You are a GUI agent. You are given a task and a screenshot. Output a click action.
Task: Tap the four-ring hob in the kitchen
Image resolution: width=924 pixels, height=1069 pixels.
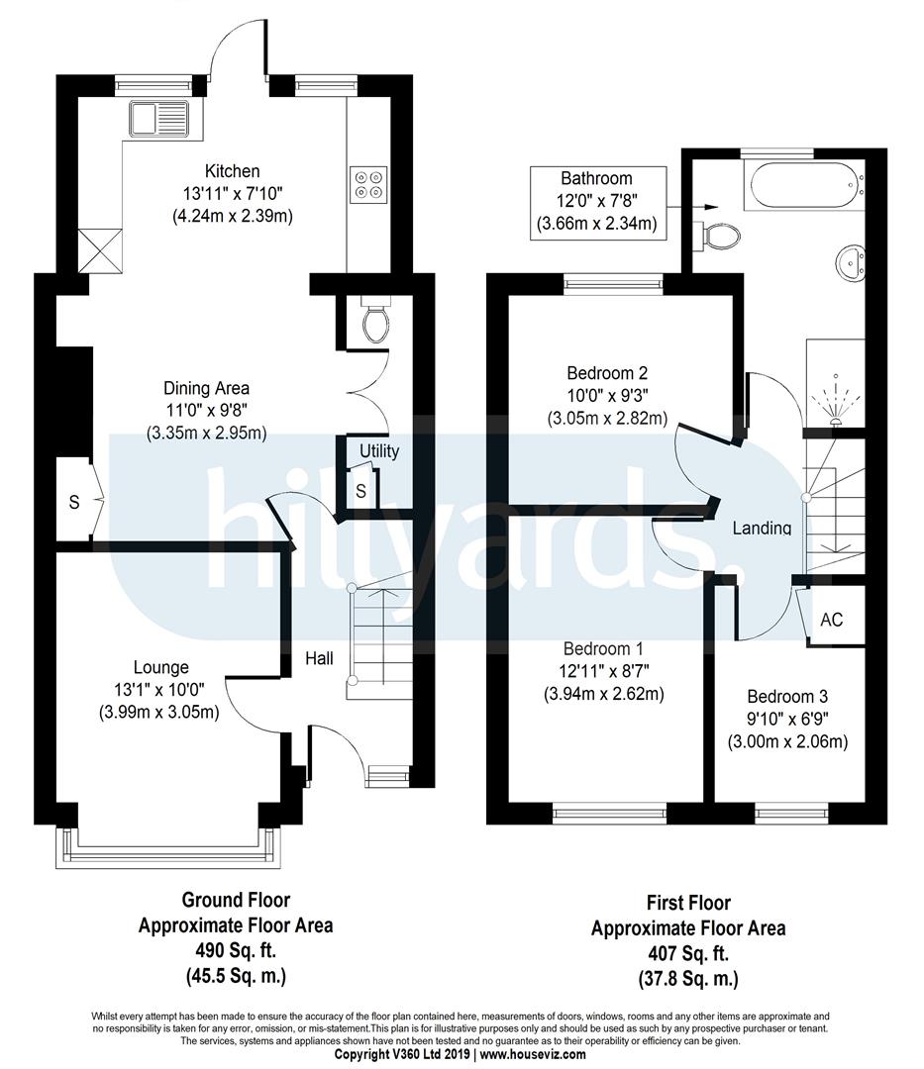[368, 184]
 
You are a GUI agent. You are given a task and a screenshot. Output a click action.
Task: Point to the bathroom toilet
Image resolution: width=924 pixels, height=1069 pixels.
[717, 236]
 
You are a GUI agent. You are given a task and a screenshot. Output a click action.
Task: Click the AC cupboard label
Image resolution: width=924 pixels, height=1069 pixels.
[831, 620]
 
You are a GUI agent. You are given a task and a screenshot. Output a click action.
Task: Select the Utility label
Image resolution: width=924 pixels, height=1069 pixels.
[379, 450]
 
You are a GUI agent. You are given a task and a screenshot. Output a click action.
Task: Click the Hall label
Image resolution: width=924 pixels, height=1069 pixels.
[319, 658]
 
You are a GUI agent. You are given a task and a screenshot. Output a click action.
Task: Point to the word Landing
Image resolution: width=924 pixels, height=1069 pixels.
[762, 528]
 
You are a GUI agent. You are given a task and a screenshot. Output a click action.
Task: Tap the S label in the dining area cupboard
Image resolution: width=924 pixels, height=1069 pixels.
[74, 503]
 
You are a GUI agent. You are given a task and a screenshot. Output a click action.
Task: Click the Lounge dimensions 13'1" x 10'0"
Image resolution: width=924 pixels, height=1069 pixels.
[159, 689]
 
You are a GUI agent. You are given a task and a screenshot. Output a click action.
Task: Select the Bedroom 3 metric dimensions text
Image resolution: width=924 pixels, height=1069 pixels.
[787, 741]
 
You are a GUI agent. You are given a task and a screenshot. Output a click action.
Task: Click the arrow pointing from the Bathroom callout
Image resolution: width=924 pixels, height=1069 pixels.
[693, 206]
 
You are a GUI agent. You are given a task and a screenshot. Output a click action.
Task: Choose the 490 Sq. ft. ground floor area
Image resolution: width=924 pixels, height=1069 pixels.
[236, 950]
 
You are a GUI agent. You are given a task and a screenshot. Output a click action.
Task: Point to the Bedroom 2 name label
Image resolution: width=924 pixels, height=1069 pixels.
[607, 373]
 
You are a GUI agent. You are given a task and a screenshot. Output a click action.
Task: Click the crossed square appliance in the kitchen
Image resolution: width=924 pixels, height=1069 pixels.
[101, 250]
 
